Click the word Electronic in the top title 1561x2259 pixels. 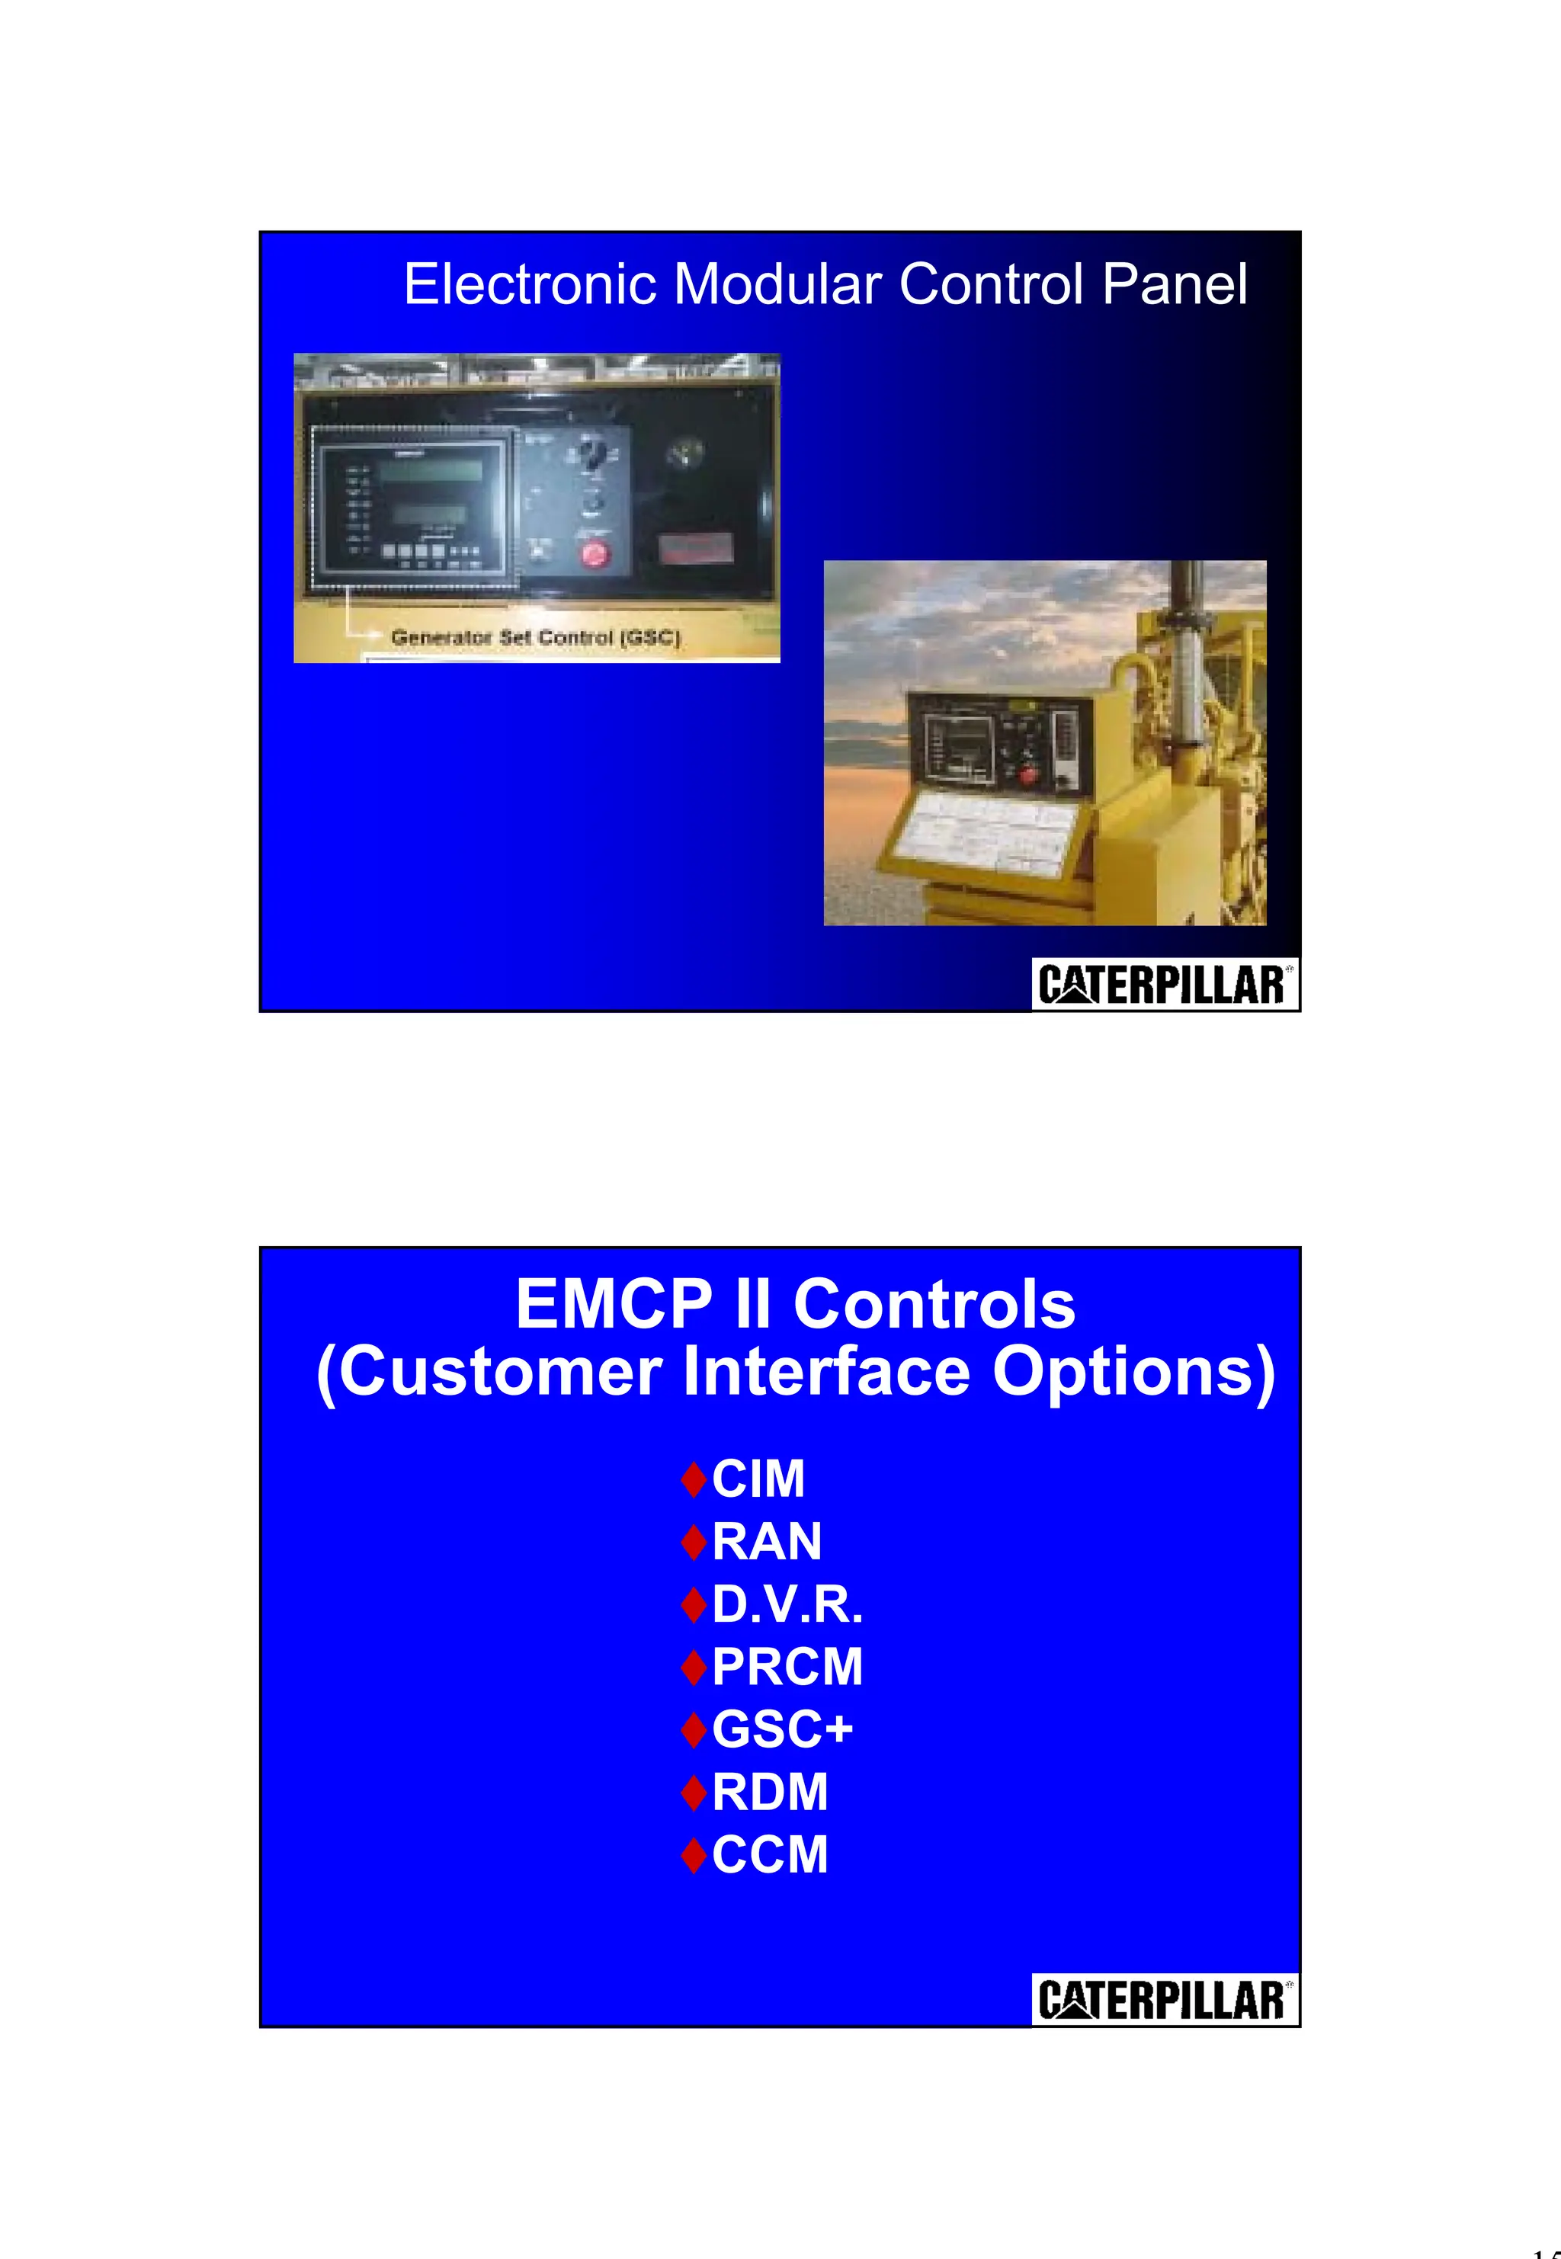(x=529, y=284)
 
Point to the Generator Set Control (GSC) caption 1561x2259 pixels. (x=535, y=638)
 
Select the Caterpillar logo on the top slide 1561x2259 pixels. (x=1164, y=985)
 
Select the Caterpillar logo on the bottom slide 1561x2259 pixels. (x=1164, y=2000)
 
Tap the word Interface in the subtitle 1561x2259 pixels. (x=826, y=1372)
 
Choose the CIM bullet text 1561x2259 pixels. (x=758, y=1478)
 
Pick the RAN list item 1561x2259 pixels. (x=767, y=1541)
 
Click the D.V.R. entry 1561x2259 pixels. (x=787, y=1605)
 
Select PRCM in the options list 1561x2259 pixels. (x=787, y=1668)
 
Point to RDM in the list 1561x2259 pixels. (x=770, y=1793)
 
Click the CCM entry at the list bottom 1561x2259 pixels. (x=770, y=1855)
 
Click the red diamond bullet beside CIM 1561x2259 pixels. (x=694, y=1479)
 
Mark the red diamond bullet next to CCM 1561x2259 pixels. (x=694, y=1856)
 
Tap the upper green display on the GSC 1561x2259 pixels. (x=431, y=470)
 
